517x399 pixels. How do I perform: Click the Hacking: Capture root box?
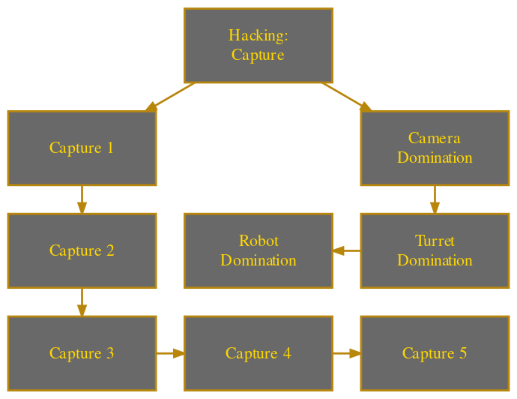[x=258, y=45]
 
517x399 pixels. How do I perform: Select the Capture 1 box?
[x=82, y=148]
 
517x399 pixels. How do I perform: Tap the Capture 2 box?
[x=82, y=250]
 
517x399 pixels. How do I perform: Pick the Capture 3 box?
[x=82, y=353]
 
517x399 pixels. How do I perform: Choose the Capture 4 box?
[x=258, y=353]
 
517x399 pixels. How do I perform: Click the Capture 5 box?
[x=435, y=353]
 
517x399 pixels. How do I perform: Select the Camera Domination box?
[x=435, y=148]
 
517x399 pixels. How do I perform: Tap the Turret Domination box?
[x=435, y=250]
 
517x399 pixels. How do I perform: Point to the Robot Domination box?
[x=258, y=250]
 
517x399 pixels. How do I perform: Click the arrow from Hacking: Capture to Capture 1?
[x=170, y=97]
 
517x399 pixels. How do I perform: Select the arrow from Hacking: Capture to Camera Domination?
[x=346, y=97]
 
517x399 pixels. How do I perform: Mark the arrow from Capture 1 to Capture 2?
[x=82, y=199]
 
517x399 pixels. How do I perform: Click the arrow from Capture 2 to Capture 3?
[x=82, y=301]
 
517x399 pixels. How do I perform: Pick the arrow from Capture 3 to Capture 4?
[x=170, y=353]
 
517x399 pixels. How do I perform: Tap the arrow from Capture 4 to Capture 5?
[x=346, y=353]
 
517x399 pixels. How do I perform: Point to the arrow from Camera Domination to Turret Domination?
[x=435, y=199]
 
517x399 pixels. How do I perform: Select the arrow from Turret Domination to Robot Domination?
[x=346, y=250]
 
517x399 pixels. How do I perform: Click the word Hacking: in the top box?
[x=258, y=36]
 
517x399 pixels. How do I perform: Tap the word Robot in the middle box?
[x=258, y=241]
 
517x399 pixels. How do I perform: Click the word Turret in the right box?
[x=435, y=241]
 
